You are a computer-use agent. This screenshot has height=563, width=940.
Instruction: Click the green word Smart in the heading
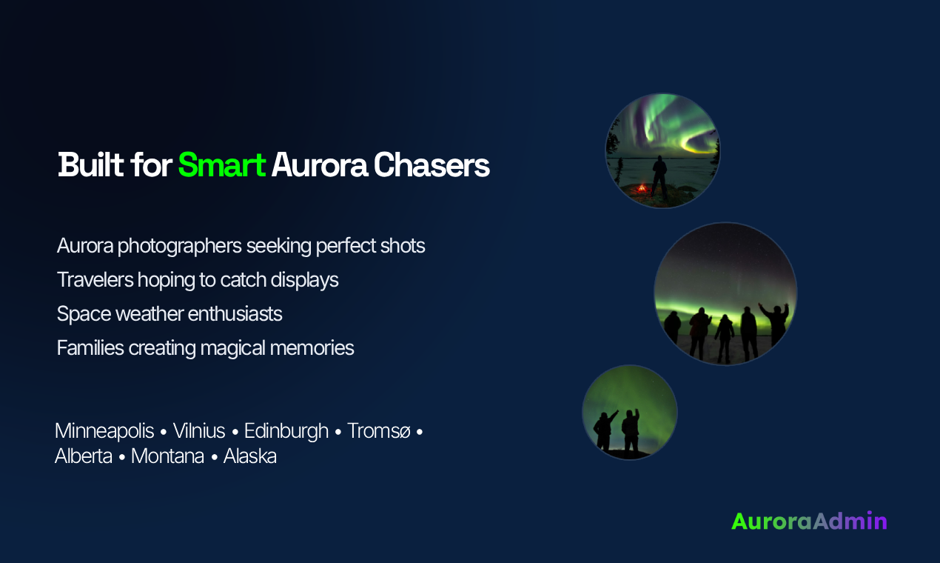tap(221, 165)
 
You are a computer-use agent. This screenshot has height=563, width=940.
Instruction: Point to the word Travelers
tap(94, 279)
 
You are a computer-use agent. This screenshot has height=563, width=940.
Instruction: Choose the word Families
tap(90, 347)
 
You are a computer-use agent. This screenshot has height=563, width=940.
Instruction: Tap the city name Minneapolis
tap(104, 431)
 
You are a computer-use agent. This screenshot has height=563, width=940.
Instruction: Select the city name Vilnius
tap(199, 431)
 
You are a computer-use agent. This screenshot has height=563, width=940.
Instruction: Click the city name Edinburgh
tap(286, 431)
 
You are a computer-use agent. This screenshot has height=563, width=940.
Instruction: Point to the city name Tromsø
tap(378, 431)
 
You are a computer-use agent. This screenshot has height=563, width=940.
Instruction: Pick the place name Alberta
tap(84, 456)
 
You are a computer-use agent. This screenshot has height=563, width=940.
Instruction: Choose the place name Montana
tap(167, 456)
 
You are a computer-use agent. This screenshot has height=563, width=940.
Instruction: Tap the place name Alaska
tap(250, 456)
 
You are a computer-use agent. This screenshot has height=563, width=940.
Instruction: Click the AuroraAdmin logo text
tap(809, 521)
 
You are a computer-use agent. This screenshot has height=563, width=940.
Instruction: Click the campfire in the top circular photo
tap(641, 189)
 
